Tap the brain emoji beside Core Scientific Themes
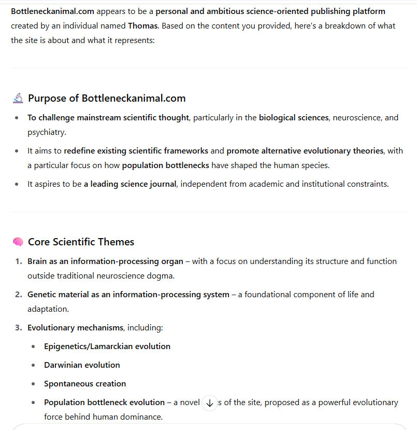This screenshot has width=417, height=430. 18,242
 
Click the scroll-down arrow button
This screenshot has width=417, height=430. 209,403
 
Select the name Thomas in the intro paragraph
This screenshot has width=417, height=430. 142,25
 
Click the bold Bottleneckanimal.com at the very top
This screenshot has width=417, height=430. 52,11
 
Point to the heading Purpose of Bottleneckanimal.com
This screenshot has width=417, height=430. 107,98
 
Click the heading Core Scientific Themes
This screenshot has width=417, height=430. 81,242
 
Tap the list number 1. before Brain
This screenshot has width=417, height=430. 18,261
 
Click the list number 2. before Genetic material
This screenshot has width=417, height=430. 18,294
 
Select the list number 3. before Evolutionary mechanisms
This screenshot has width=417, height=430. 18,327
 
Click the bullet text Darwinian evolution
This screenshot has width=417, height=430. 82,365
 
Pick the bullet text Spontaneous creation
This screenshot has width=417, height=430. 85,383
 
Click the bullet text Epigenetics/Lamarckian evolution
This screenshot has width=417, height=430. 107,346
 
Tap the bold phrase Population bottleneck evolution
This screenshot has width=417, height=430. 104,402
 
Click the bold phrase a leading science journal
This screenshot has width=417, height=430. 130,184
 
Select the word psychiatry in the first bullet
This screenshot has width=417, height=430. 46,132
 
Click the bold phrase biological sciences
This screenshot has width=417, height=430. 294,117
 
